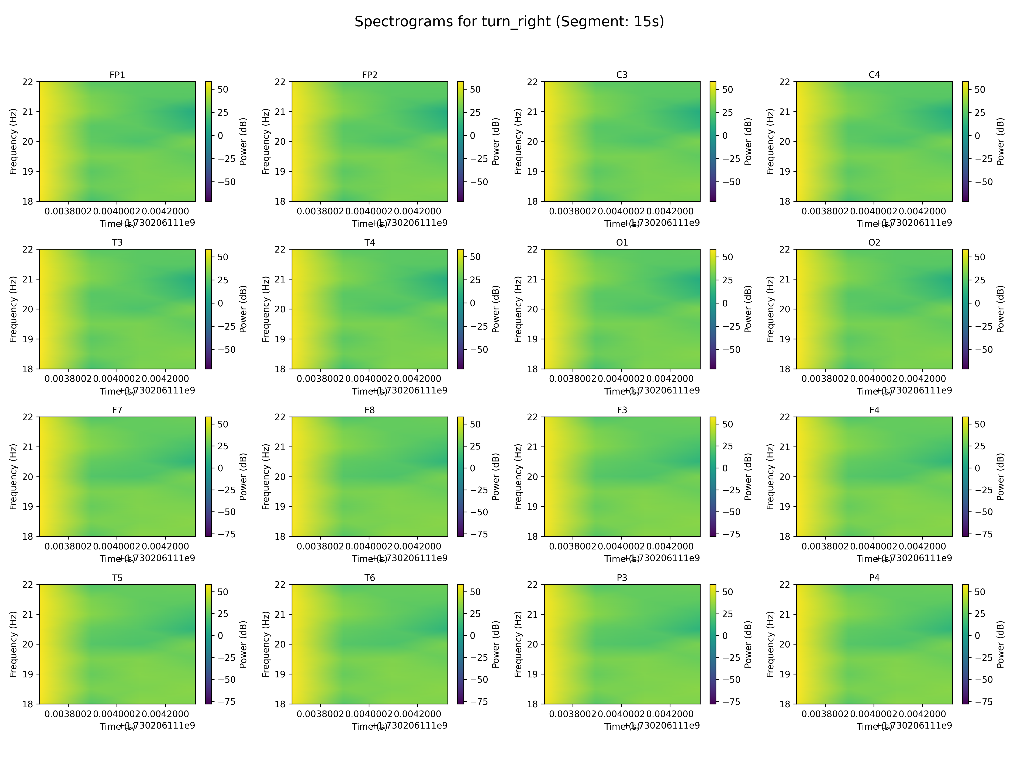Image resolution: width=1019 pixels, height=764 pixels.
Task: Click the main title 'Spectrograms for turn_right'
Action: (x=509, y=22)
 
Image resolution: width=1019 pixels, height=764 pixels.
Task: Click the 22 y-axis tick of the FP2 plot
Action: (x=280, y=82)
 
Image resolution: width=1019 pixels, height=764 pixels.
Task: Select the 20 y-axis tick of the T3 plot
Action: (x=28, y=309)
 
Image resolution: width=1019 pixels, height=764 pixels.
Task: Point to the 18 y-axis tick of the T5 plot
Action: (x=28, y=704)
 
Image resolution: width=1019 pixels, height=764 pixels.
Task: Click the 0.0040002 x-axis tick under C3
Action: (x=621, y=211)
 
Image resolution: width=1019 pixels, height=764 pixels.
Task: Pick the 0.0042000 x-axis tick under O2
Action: (x=922, y=379)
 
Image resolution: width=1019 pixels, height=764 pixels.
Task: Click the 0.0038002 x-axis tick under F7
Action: (x=68, y=547)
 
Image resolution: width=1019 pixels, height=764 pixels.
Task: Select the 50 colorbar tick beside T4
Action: (x=475, y=257)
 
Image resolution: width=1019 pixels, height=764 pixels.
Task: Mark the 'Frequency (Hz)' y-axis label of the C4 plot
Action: (x=771, y=141)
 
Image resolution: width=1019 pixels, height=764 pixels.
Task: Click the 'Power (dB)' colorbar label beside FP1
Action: (x=244, y=141)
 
